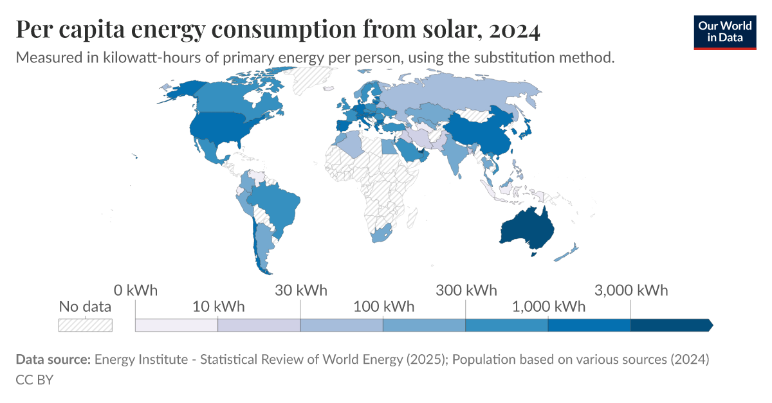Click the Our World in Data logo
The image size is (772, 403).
coord(724,31)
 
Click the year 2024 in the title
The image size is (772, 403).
coord(514,30)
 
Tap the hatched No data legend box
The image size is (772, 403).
coord(86,325)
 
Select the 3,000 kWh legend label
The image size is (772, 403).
coord(631,290)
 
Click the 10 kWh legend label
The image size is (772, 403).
coord(218,306)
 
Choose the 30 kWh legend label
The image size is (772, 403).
coord(300,290)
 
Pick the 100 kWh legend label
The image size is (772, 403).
coord(383,306)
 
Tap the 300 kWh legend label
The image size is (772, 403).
coord(466,290)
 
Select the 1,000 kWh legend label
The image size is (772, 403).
coord(548,306)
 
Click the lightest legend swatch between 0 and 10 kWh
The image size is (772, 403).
coord(176,325)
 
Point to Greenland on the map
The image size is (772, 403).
coord(312,80)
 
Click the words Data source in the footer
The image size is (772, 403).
coord(53,360)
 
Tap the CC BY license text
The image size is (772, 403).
coord(34,380)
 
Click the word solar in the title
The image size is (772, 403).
coord(446,30)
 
